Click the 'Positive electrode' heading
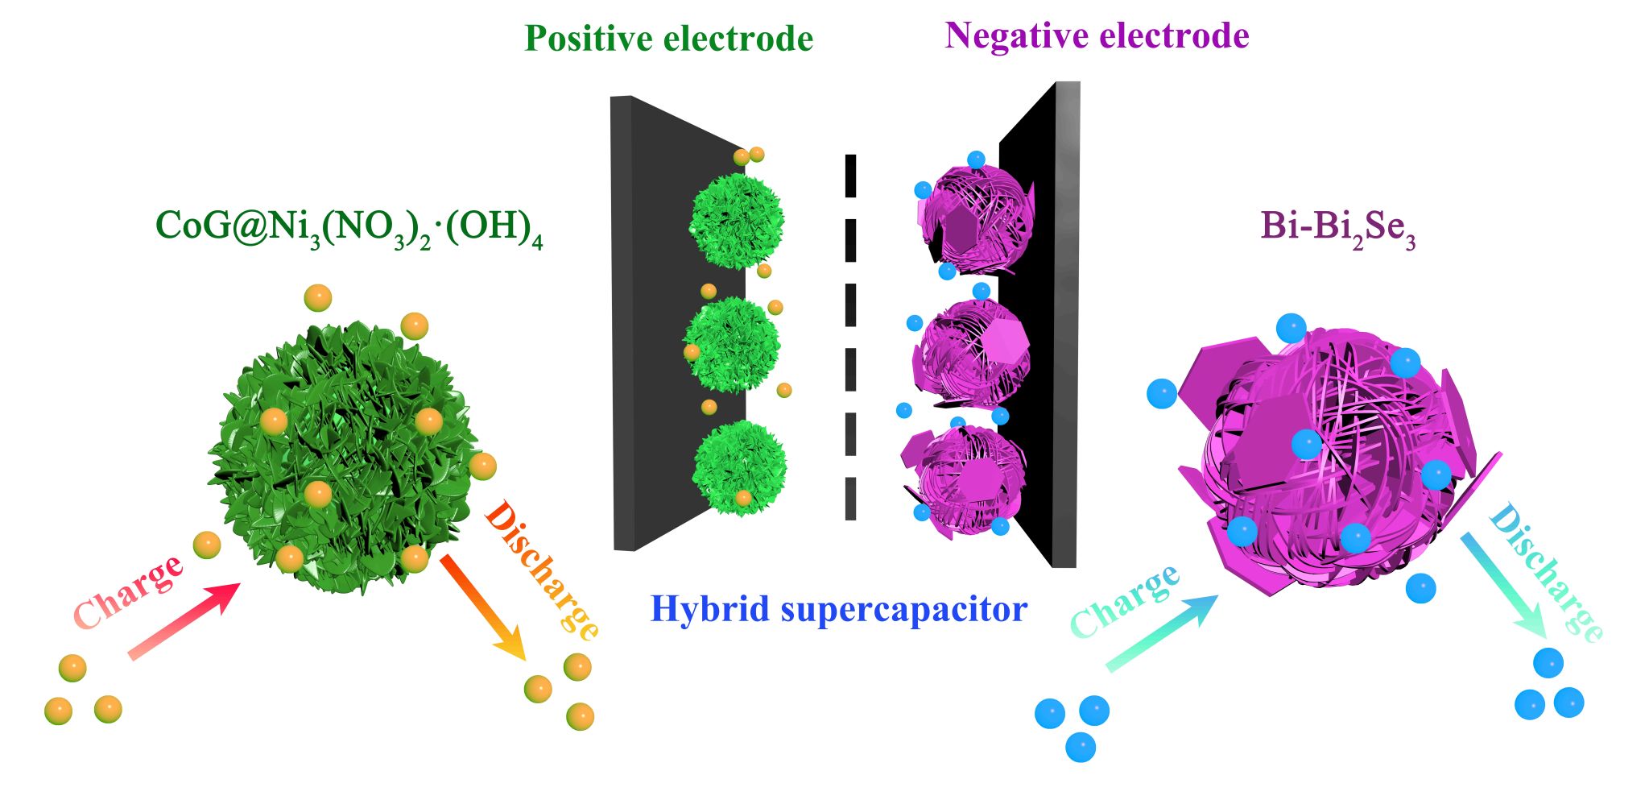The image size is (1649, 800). coord(668,39)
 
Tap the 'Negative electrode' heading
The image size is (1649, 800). coord(1097,35)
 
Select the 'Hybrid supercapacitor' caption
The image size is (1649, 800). coord(839,609)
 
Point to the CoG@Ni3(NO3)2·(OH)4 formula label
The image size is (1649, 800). coord(349,227)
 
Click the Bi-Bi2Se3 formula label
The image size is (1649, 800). coord(1337,227)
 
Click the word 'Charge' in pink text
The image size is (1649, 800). coord(127,592)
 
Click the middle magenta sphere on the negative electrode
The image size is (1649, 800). coord(970,353)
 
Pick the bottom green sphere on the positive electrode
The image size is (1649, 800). coord(739,467)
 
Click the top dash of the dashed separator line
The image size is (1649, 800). coord(850,176)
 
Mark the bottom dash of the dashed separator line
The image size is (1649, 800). coord(850,499)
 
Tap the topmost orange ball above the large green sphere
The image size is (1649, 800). coord(318,298)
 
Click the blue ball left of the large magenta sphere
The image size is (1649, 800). coord(1162,394)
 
